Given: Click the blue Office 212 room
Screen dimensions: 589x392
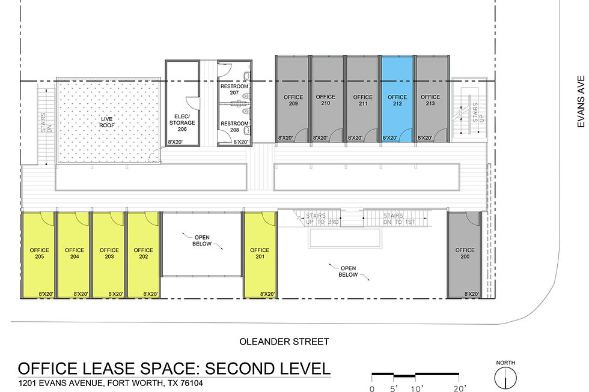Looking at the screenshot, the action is point(397,99).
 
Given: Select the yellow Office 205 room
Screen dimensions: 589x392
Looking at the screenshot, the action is point(38,255).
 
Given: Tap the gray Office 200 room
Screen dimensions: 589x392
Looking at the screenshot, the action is point(464,255).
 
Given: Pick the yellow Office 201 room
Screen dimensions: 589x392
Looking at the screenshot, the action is point(260,255).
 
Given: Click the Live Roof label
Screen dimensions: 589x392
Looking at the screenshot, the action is point(107,122).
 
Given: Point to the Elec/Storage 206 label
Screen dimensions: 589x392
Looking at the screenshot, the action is point(182,122).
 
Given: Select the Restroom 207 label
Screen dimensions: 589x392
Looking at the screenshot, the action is point(234,89).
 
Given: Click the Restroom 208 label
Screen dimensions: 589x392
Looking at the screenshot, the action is point(234,127).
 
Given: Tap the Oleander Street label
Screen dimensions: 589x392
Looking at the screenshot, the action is point(284,342).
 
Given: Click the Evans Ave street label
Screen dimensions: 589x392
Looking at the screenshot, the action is point(581,101).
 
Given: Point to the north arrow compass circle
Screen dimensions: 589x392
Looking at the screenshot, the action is point(505,378).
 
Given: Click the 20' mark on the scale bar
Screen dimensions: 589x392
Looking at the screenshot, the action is point(459,388).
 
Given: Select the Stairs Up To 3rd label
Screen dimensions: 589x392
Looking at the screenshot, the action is point(322,219).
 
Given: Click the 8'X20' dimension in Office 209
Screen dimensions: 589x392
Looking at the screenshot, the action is point(285,138).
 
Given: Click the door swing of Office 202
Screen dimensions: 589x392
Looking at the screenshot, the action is point(151,219).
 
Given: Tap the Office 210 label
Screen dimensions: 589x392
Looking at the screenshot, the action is point(325,100).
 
